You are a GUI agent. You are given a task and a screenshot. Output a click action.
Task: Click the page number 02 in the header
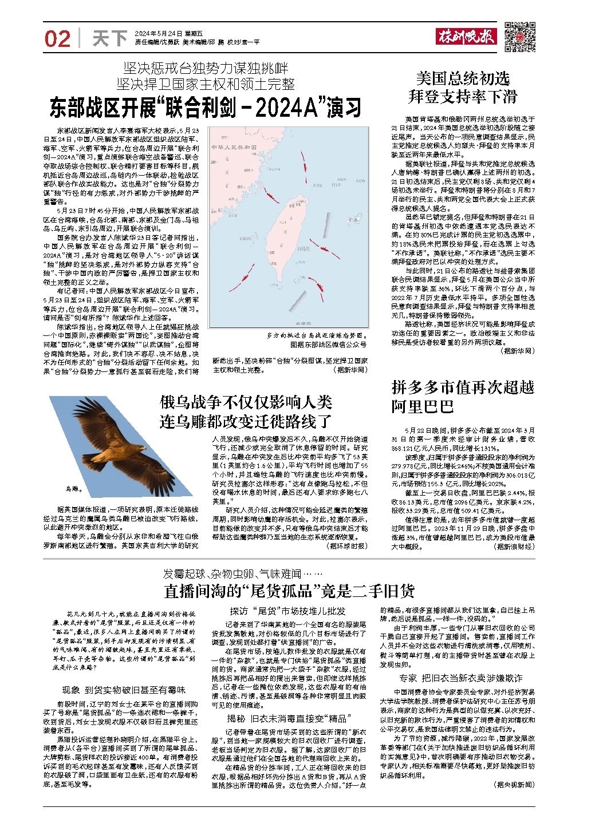[57, 38]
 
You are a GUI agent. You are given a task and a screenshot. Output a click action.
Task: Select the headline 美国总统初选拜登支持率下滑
[462, 87]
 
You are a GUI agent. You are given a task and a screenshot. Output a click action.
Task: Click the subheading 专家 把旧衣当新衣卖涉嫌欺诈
[460, 678]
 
